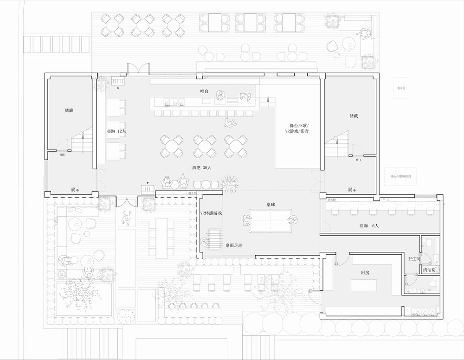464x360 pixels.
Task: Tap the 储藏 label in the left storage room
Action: point(69,111)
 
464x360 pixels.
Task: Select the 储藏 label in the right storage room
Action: point(353,116)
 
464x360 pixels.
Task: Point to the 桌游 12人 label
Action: point(116,131)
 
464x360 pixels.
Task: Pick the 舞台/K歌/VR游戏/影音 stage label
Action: point(299,129)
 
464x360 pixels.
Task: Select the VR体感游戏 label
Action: point(211,213)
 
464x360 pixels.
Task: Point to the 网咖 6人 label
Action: point(369,226)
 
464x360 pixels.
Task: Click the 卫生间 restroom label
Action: point(414,259)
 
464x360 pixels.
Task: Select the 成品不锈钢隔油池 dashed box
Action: point(401,176)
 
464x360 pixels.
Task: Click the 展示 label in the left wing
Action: point(75,189)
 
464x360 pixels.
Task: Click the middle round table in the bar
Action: point(205,147)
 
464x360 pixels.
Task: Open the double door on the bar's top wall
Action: point(138,69)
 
